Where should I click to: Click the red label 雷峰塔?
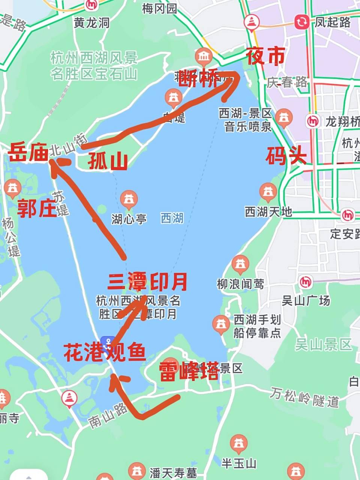click(189, 371)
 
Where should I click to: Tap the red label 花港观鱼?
click(105, 352)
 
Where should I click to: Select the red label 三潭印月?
click(147, 282)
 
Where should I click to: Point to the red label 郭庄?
click(37, 208)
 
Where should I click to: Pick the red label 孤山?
click(108, 161)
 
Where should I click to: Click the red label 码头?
click(286, 156)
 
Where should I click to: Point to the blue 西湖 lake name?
click(172, 218)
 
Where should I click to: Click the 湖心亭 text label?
click(129, 219)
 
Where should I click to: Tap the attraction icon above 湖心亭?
click(129, 199)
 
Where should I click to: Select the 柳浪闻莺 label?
click(240, 284)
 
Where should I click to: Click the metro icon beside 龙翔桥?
click(312, 121)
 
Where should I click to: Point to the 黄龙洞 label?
click(91, 23)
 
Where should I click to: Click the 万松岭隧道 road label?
click(304, 398)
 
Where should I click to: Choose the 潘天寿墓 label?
click(173, 472)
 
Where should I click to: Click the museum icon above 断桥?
click(204, 57)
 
